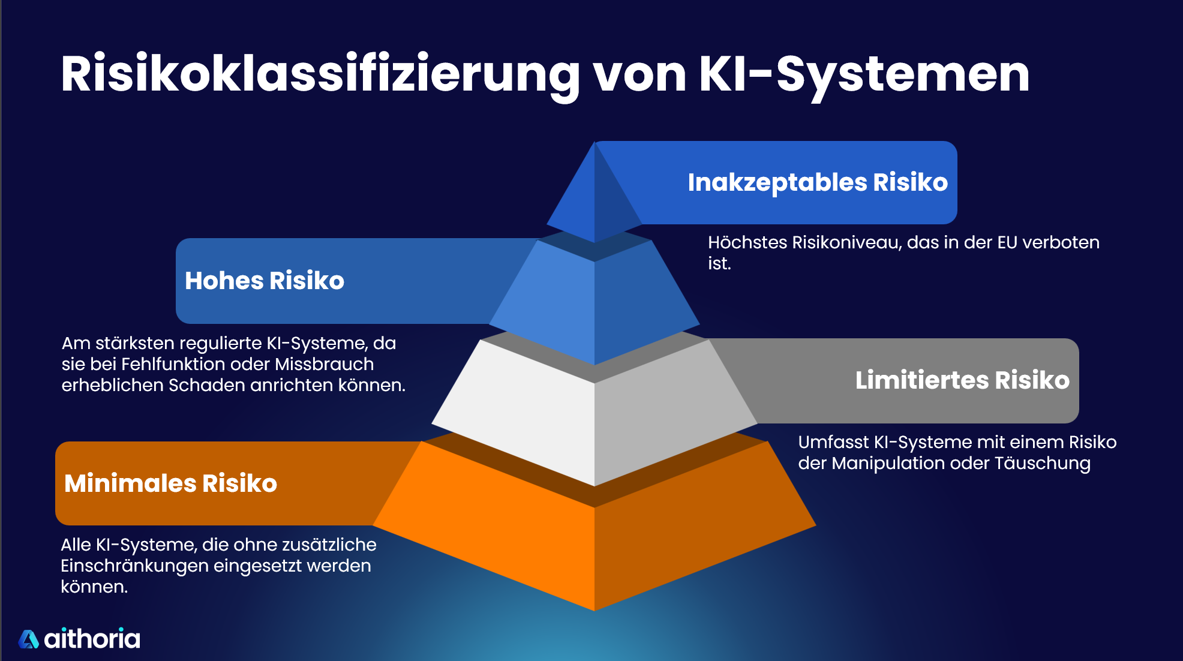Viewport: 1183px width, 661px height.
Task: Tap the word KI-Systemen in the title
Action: click(864, 74)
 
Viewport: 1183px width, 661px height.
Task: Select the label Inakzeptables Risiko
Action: click(817, 182)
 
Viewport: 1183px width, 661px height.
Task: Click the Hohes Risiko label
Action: click(265, 281)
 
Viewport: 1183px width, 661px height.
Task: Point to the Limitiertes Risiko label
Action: click(962, 380)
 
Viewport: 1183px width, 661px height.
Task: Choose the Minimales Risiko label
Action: click(171, 483)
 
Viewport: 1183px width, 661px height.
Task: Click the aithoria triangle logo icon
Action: click(28, 639)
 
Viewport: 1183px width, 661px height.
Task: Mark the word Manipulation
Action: click(888, 463)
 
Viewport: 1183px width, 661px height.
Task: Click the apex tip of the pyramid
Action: click(594, 146)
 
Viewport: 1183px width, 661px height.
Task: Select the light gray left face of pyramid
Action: click(522, 408)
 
